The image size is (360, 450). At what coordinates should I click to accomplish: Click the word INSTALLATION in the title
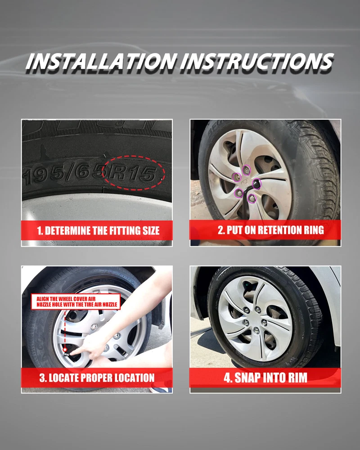[x=100, y=61]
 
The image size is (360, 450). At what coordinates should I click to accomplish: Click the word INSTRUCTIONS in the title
[x=257, y=61]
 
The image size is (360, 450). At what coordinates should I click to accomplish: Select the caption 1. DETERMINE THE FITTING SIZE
[x=98, y=231]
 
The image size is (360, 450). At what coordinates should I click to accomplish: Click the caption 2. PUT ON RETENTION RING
[x=271, y=230]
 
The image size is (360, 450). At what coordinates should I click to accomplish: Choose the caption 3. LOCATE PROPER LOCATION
[x=97, y=378]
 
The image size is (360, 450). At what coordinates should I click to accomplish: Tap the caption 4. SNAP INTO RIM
[x=265, y=378]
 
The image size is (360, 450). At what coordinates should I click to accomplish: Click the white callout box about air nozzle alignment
[x=76, y=301]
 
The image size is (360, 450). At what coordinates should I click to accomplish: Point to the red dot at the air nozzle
[x=65, y=350]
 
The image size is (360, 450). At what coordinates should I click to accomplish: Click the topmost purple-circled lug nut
[x=246, y=170]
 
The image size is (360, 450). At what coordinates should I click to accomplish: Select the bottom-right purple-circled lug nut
[x=252, y=198]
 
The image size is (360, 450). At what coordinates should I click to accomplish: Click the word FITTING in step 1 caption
[x=123, y=231]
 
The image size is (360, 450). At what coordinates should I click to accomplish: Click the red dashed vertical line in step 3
[x=65, y=329]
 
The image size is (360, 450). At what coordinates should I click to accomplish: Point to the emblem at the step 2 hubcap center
[x=245, y=183]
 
